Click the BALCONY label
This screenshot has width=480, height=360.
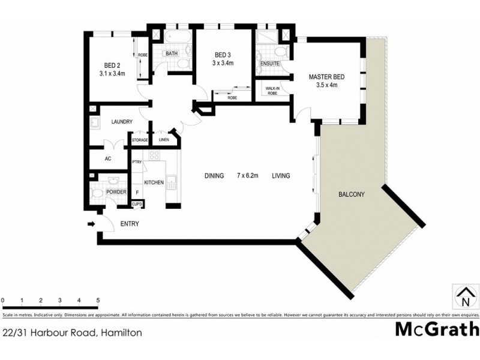[352, 194]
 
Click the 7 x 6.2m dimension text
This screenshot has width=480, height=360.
[247, 176]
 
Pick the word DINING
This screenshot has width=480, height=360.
[214, 176]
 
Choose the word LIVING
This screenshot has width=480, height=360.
[281, 176]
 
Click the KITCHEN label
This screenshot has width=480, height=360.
[153, 182]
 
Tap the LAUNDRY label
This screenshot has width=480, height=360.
[122, 122]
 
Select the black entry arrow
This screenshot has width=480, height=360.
[91, 224]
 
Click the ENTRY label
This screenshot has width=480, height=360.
[130, 224]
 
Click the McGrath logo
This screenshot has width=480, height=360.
[437, 329]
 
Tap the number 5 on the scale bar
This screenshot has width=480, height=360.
[98, 300]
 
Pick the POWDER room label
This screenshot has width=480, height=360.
[116, 192]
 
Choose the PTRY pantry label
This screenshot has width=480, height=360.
[137, 162]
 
